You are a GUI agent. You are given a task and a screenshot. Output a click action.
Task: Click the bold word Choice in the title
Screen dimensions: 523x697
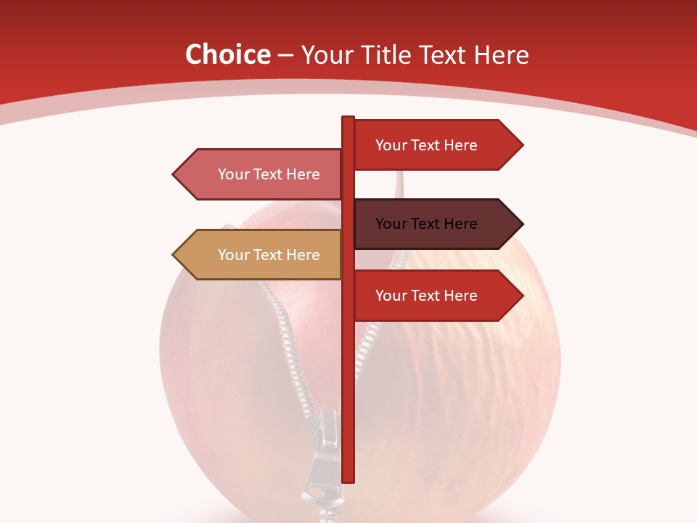point(227,55)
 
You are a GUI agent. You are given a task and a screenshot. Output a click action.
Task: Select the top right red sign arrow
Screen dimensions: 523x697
point(436,145)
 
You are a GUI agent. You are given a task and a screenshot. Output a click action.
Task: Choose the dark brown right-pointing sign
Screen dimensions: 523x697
point(436,224)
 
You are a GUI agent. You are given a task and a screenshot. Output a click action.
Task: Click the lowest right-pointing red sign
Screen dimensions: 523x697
point(436,296)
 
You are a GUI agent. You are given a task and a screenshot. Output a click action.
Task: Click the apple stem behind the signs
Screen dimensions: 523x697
point(398,185)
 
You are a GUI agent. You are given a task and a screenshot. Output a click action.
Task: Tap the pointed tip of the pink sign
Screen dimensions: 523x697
point(174,174)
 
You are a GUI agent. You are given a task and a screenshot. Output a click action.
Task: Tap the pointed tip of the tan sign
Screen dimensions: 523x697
point(174,255)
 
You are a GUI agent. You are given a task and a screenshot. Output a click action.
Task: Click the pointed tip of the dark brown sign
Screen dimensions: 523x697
point(521,224)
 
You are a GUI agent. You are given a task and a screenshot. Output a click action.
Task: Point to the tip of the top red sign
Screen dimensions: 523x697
point(521,145)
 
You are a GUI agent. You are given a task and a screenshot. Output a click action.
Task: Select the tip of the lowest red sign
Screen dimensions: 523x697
point(521,296)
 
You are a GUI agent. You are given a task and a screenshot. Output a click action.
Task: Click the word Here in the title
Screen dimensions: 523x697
point(501,55)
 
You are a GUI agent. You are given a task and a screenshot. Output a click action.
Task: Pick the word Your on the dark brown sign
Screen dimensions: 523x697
point(391,224)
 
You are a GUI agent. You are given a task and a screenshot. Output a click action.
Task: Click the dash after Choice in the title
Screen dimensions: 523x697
point(285,55)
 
